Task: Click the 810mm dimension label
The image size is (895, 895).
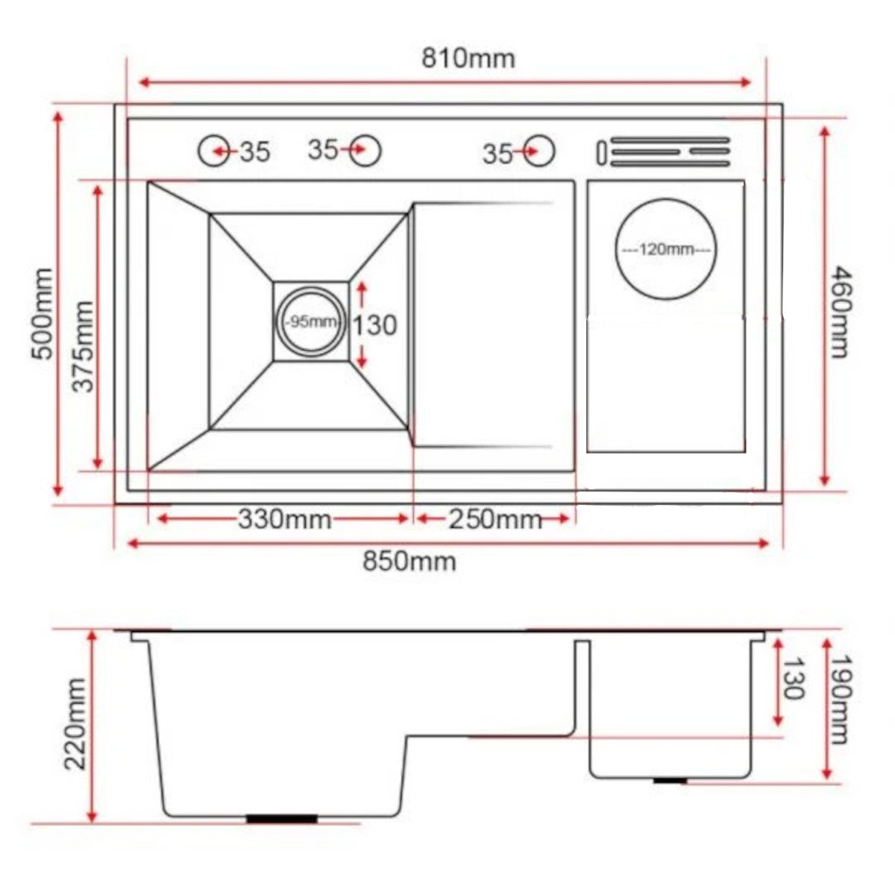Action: pyautogui.click(x=468, y=60)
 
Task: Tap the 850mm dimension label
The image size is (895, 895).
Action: pyautogui.click(x=409, y=562)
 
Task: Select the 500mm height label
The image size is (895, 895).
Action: pyautogui.click(x=43, y=313)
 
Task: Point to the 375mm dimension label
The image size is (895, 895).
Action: pyautogui.click(x=84, y=347)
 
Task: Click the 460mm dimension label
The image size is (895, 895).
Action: pyautogui.click(x=839, y=312)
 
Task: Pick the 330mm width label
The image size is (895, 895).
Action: pyautogui.click(x=285, y=520)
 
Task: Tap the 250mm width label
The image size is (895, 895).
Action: pyautogui.click(x=495, y=520)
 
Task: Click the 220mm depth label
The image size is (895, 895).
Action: pyautogui.click(x=75, y=724)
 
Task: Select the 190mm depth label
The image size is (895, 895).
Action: pyautogui.click(x=840, y=700)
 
